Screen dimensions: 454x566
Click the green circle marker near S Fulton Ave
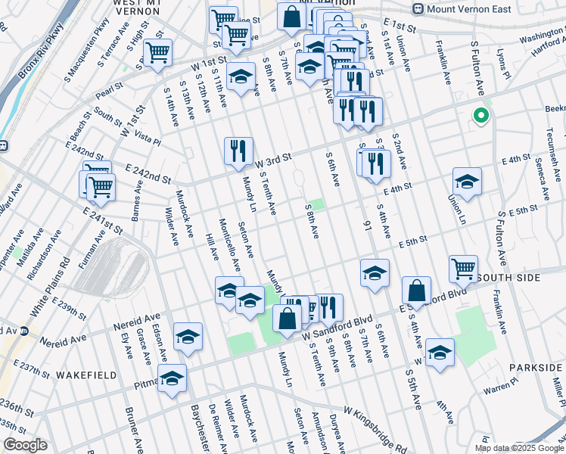[479, 117]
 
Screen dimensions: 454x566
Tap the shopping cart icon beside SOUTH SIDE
[463, 269]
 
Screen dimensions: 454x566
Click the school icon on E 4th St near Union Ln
[467, 182]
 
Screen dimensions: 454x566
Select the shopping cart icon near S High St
[157, 53]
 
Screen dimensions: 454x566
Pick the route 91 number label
[368, 224]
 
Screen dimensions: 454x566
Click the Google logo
[25, 445]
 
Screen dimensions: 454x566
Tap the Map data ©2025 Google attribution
[519, 448]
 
